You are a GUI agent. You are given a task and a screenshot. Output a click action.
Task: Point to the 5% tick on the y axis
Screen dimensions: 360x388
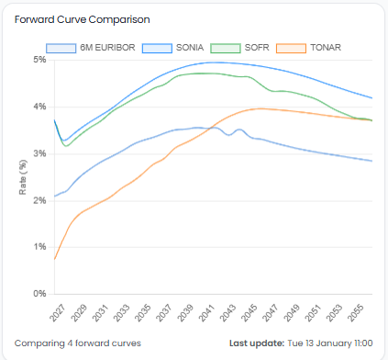click(39, 60)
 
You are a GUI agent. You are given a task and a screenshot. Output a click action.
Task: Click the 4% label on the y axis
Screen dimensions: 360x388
click(39, 107)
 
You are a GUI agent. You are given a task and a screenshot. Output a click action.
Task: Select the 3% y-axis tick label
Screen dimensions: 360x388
click(39, 153)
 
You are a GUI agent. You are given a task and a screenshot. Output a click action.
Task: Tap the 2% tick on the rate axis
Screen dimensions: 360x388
click(39, 200)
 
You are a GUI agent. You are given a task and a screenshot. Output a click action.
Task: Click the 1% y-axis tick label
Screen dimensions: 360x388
click(39, 247)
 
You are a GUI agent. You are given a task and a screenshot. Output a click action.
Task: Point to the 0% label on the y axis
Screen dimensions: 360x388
click(39, 294)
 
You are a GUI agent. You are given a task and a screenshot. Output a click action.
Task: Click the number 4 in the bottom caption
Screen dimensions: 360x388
click(69, 343)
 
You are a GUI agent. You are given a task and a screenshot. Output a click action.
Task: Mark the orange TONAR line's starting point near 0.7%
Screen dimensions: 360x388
click(55, 260)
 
